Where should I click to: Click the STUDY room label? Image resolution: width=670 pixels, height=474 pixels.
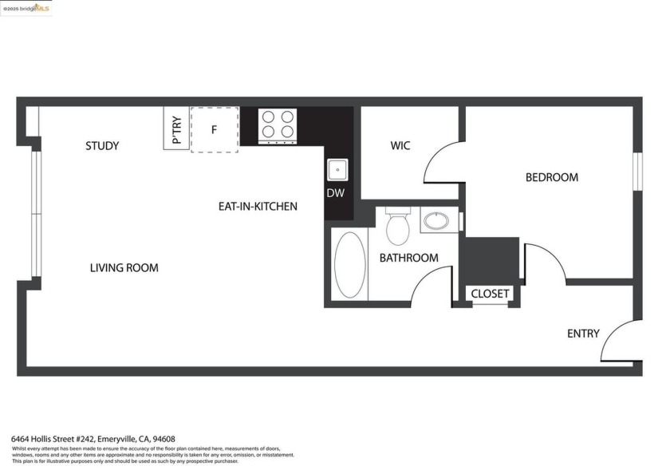pos(102,146)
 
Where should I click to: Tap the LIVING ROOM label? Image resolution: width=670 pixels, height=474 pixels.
pos(124,268)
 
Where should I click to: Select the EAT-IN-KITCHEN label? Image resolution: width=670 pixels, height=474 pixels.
pos(258,207)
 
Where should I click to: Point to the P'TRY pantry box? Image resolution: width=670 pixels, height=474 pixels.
pos(176,128)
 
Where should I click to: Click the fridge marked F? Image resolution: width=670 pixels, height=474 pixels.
pos(214,128)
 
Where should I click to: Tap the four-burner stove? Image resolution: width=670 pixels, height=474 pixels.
pos(278,125)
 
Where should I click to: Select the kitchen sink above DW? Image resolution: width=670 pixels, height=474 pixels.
pos(335,170)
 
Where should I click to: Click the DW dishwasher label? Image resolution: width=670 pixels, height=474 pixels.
pos(335,193)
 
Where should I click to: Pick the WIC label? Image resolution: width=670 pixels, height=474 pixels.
pos(400,146)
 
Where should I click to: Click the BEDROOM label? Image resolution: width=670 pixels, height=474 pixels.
pos(551,177)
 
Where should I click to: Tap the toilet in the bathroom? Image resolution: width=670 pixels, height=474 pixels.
pos(397,226)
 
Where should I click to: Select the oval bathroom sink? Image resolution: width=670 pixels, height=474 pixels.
pos(436,220)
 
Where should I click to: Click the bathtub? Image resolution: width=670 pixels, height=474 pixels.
pos(349,265)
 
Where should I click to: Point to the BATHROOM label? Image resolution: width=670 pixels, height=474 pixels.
pos(408,258)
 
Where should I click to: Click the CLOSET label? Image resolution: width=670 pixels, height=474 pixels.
pos(490,294)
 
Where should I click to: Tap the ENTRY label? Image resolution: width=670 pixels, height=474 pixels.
pos(583,334)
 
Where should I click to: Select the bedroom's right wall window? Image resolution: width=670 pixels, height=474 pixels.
pos(637,172)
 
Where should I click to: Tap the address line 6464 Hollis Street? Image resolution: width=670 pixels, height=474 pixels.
pos(93,439)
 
